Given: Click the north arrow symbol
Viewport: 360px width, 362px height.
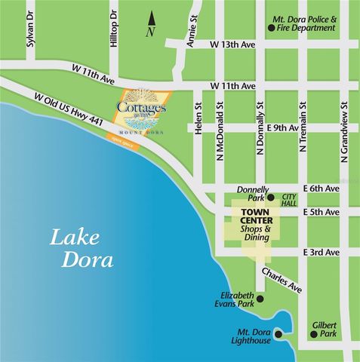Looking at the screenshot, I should pos(152,21).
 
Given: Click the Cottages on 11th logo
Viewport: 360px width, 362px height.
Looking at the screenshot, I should pos(144,111).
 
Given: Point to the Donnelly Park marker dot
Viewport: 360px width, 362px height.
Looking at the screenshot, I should pos(271,198).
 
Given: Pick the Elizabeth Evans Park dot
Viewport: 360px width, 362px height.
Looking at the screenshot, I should pos(260,299).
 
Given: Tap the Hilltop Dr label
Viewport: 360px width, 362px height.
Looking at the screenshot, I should pos(114,30).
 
